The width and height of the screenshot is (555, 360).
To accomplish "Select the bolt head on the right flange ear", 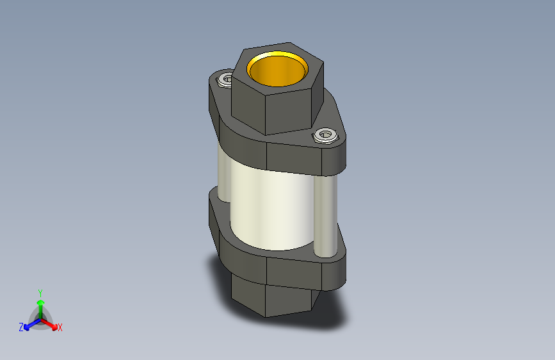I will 325,135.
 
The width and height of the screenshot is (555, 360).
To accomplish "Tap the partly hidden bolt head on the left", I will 225,80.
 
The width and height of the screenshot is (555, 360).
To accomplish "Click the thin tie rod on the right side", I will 325,215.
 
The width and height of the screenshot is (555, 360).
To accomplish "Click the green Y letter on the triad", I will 40,292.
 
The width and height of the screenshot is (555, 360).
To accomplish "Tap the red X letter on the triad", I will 60,328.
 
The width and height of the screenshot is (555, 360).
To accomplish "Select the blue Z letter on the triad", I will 21,327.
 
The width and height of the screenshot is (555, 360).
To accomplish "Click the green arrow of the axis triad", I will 40,305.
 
